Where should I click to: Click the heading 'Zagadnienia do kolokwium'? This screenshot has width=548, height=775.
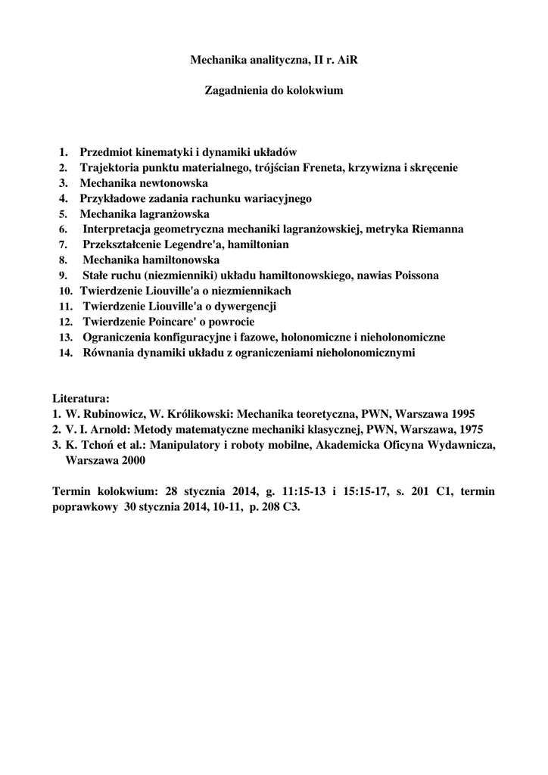[x=274, y=90]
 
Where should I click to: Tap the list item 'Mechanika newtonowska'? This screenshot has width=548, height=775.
[x=144, y=183]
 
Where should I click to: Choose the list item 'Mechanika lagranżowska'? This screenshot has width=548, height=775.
[x=145, y=213]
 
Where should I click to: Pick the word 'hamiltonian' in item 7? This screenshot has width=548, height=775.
[x=258, y=244]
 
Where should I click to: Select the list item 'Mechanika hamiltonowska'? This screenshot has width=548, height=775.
[x=151, y=260]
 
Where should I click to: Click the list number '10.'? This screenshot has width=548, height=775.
[x=66, y=291]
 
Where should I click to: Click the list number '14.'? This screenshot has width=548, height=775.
[x=66, y=353]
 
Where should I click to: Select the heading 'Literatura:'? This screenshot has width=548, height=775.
[x=81, y=398]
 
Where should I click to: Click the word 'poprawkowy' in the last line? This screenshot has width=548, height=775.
[x=85, y=507]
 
